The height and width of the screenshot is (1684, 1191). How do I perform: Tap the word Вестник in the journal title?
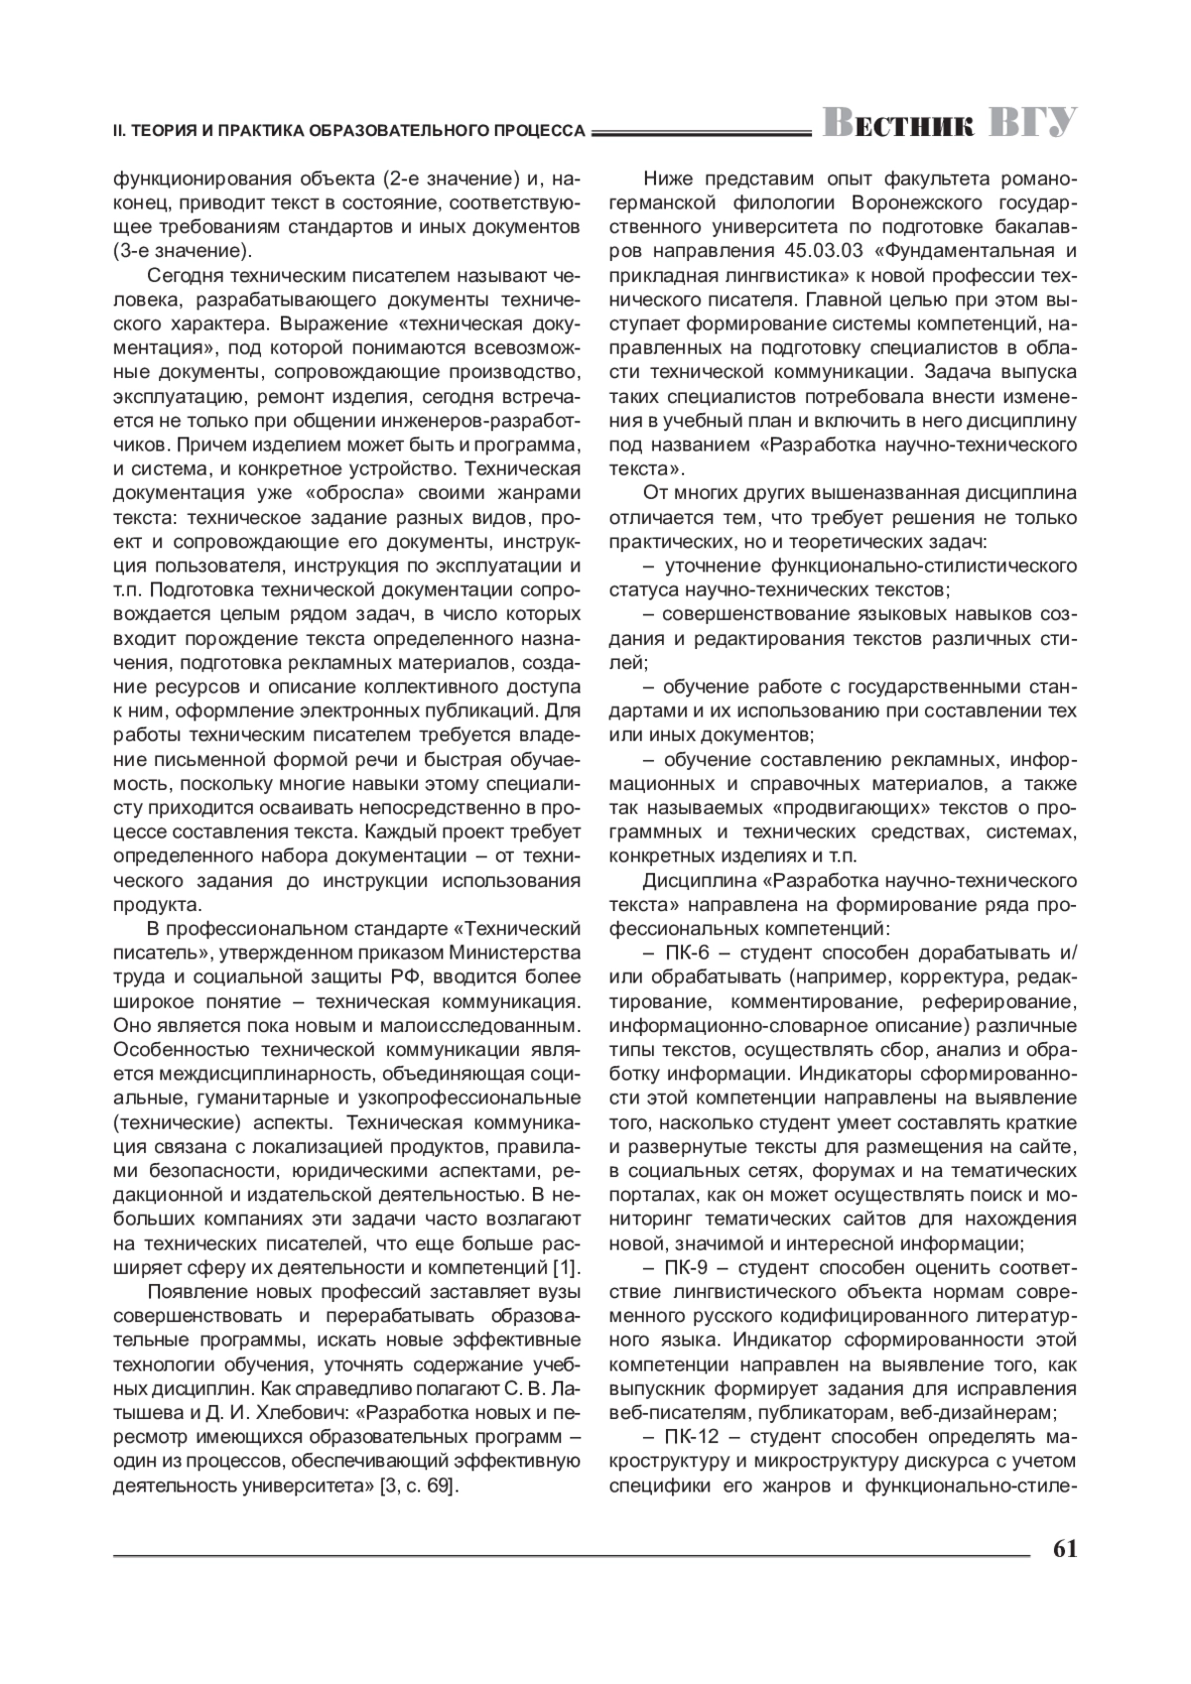pyautogui.click(x=898, y=124)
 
